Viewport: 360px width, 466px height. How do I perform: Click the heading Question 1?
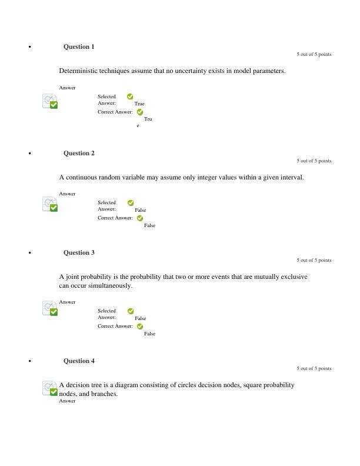point(79,46)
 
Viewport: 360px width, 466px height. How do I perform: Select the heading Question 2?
point(79,153)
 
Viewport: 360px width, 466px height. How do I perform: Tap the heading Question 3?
point(79,252)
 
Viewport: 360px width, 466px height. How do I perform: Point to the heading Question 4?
point(79,361)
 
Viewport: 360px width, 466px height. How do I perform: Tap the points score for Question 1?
point(314,54)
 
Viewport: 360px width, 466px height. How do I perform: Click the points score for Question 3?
point(314,260)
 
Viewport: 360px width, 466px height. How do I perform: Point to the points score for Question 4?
point(314,368)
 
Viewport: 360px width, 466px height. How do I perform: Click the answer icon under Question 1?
point(51,102)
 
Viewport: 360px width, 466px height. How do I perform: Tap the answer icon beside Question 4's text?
point(51,388)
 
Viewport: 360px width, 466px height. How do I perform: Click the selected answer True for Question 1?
point(139,104)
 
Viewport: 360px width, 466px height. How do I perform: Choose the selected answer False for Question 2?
point(140,210)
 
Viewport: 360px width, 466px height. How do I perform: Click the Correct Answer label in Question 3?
point(115,326)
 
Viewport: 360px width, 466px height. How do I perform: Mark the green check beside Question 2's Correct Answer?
point(140,218)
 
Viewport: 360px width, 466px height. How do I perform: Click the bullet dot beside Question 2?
point(29,154)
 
